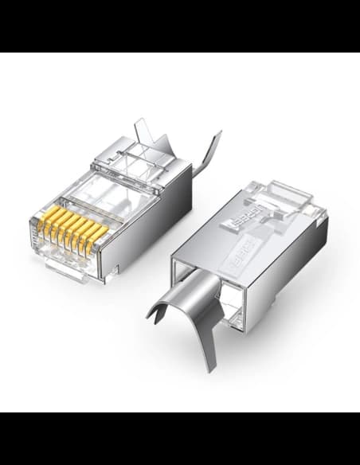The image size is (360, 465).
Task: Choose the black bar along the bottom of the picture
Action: [180, 439]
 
